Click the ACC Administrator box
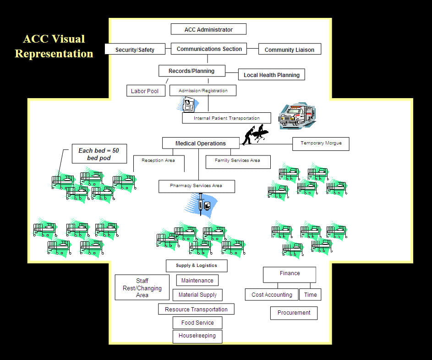(208, 29)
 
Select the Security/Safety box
(135, 49)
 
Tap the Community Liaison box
(290, 50)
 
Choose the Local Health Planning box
(271, 75)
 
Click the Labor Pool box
(144, 91)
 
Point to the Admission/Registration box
(203, 90)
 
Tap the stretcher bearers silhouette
(255, 134)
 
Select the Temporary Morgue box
(321, 144)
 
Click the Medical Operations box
(201, 143)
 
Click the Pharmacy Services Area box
(197, 186)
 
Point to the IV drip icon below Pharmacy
(202, 204)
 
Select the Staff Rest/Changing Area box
(142, 288)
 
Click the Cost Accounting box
(272, 294)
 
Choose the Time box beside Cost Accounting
(310, 294)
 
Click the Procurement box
(294, 313)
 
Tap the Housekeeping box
(197, 336)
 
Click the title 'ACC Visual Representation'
(54, 46)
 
